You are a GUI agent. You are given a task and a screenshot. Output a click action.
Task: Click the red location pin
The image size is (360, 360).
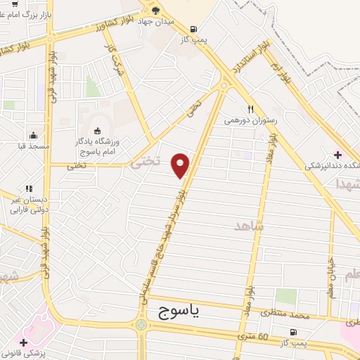(181, 165)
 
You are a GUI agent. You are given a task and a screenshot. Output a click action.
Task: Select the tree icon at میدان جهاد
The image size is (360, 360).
(156, 11)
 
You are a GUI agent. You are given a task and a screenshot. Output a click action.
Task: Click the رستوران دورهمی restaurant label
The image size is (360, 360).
(251, 120)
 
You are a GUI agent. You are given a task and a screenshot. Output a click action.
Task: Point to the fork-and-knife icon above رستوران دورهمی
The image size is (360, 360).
(250, 109)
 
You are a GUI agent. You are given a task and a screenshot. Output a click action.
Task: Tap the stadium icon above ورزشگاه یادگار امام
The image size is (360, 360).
(96, 130)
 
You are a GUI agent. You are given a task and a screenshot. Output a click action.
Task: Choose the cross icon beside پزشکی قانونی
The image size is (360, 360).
(25, 342)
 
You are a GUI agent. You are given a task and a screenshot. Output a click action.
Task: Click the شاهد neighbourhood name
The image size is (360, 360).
(249, 226)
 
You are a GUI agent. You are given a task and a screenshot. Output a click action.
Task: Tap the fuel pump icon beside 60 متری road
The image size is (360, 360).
(292, 332)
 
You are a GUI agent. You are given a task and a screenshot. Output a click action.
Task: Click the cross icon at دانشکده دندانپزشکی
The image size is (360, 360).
(338, 154)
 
